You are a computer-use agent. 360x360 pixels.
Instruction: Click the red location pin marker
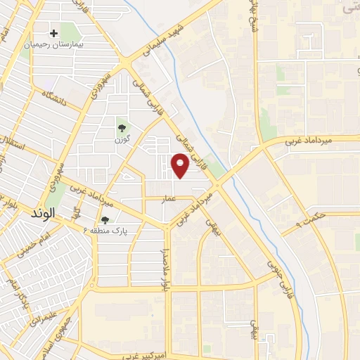(x=181, y=166)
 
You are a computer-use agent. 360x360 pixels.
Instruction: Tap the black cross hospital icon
(x=53, y=33)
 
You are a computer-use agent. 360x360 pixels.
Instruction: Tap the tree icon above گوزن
(x=122, y=128)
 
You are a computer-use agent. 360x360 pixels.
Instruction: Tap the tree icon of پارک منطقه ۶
(x=105, y=220)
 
